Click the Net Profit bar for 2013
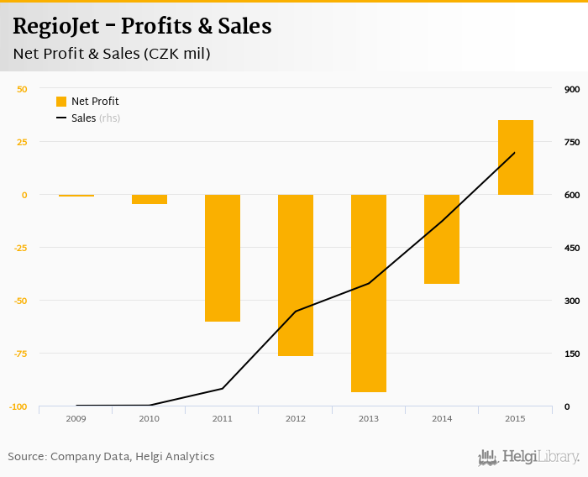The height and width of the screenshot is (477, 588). point(369,293)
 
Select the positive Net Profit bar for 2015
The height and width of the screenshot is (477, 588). point(515,158)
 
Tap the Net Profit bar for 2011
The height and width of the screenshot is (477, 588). point(223,258)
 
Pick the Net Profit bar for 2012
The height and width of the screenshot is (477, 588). point(296,275)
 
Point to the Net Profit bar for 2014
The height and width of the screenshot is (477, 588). point(442,239)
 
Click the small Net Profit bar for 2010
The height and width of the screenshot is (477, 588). point(150,199)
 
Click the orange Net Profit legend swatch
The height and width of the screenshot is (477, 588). point(61,102)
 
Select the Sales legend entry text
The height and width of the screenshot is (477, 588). point(83,118)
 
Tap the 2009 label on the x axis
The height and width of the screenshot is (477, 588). point(76,418)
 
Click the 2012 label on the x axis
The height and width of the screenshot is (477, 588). point(296,418)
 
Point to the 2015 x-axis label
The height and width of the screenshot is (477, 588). point(515,418)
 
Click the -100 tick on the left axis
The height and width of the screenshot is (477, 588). point(18,406)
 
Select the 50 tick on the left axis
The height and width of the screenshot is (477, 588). point(22,89)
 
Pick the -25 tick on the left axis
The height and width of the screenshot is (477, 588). point(20,248)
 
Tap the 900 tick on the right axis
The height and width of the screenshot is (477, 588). point(572,89)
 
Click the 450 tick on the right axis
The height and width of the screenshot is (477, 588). point(572,248)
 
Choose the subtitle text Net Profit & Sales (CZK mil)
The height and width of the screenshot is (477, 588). point(111,54)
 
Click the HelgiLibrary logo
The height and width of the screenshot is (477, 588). point(529,457)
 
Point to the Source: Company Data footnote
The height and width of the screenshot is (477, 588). point(111,457)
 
